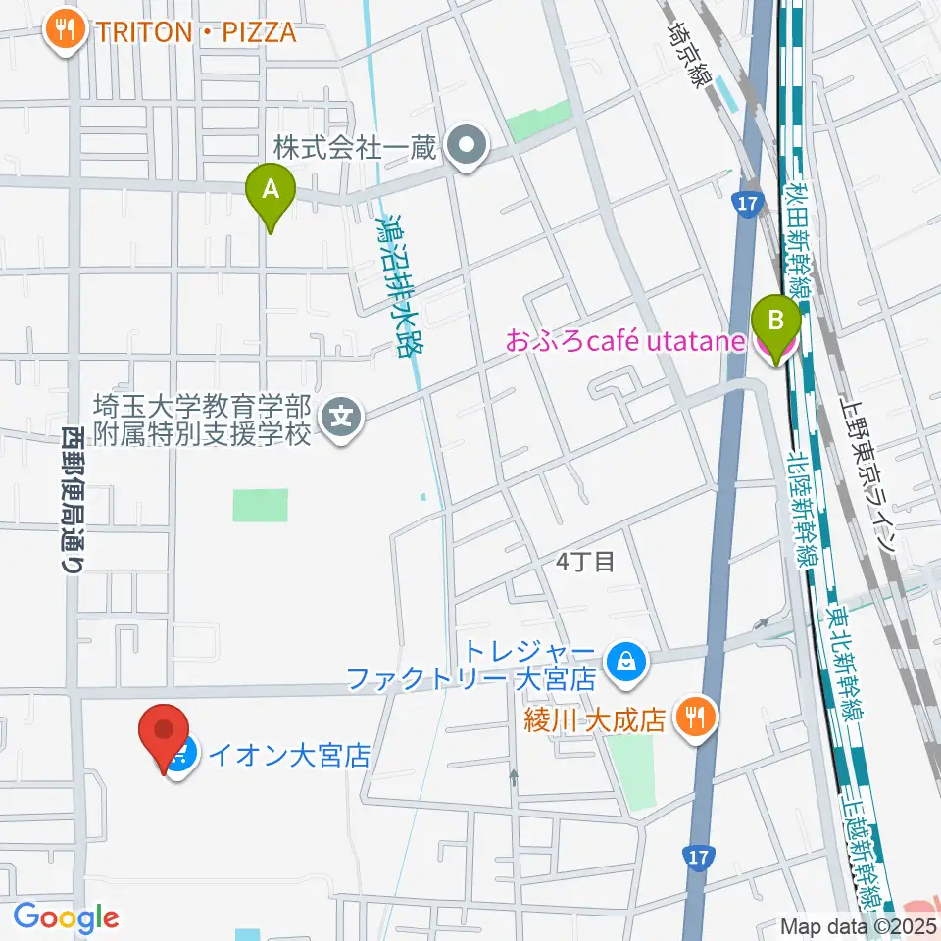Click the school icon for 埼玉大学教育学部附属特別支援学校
click(342, 419)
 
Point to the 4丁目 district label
click(585, 562)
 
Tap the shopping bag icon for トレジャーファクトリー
click(624, 665)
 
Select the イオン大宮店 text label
click(289, 755)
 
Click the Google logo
click(66, 917)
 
